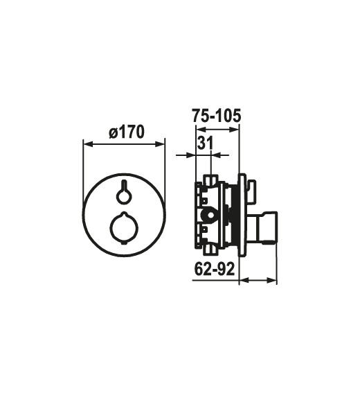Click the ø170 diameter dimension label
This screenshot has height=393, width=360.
[127, 132]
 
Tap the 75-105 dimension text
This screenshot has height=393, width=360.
[216, 116]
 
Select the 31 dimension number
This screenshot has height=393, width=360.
[205, 143]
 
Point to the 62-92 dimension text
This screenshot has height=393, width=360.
[215, 270]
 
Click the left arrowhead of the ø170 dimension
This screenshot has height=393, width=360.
[88, 144]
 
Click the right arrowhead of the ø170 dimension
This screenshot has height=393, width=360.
[160, 144]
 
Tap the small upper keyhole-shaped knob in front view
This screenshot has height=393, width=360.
[123, 191]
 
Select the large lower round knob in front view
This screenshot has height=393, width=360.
[124, 228]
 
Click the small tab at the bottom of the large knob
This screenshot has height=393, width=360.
[124, 243]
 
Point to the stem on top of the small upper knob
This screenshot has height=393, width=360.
[123, 185]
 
